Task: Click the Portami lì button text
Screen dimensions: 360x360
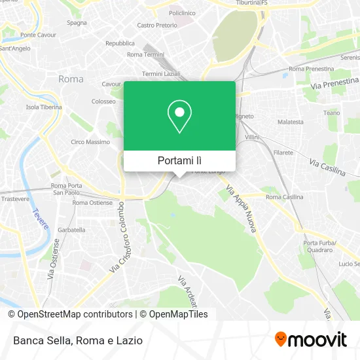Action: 179,160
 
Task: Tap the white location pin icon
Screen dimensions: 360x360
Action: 179,117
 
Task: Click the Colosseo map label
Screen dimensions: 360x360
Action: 103,101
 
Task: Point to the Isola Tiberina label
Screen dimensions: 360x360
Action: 44,107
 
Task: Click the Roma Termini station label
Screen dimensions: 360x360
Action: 143,54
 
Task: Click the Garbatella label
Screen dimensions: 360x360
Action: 72,230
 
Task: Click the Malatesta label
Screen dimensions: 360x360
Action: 291,122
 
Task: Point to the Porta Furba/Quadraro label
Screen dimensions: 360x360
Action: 319,247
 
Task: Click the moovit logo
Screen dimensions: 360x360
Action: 310,339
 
